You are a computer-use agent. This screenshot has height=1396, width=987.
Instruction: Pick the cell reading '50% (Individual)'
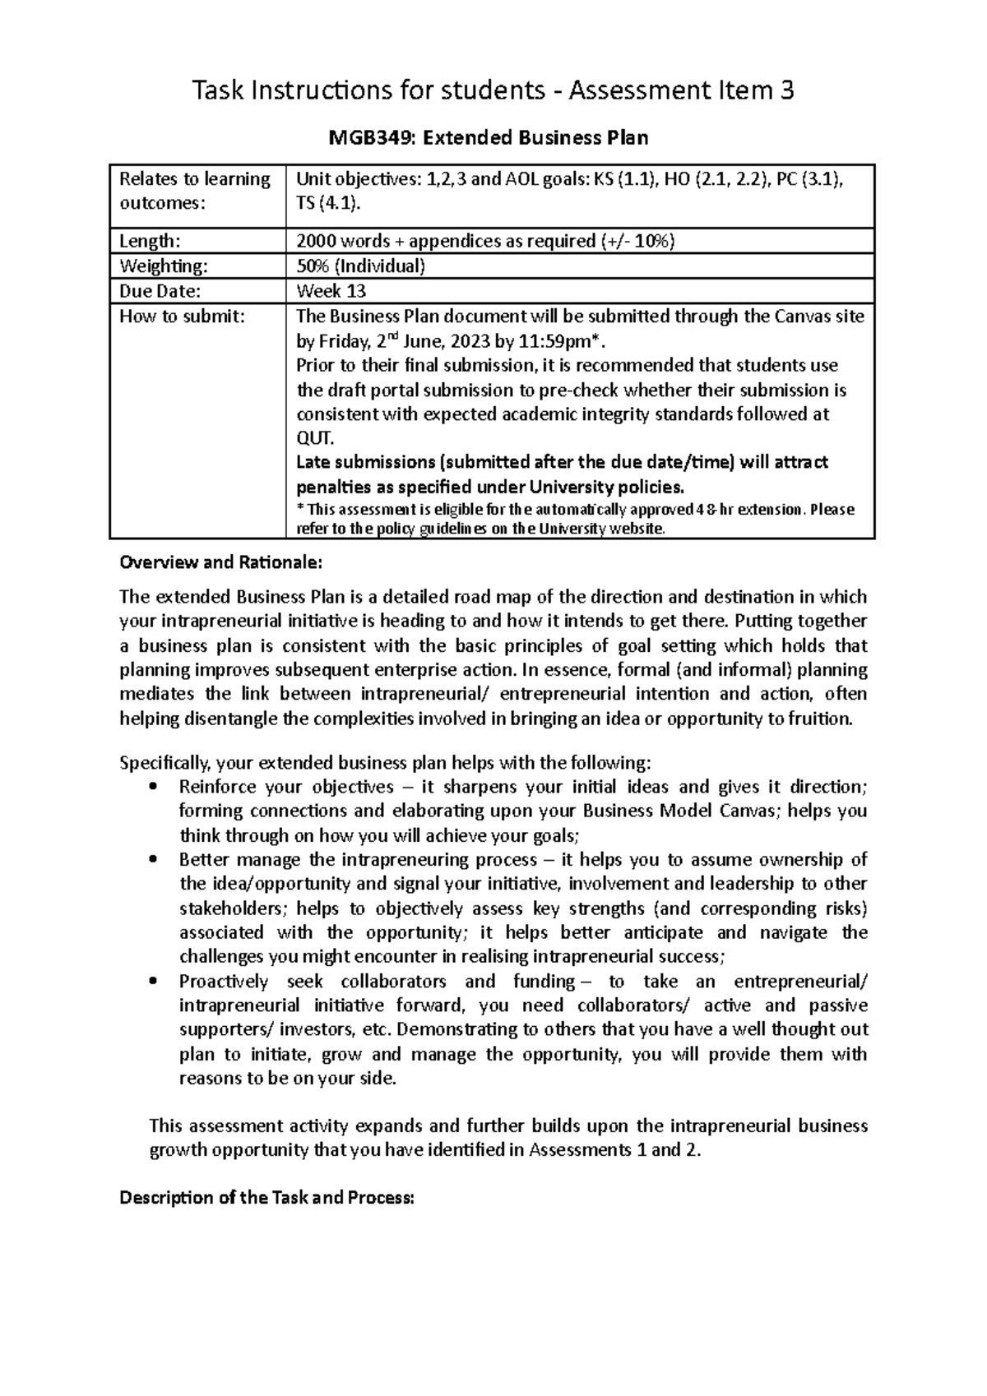coord(360,266)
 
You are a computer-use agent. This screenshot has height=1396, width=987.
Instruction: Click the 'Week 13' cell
coord(331,291)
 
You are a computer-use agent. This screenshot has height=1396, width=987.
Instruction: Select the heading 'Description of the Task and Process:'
coord(267,1198)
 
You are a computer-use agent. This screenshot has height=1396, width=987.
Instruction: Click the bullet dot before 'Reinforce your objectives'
coord(153,787)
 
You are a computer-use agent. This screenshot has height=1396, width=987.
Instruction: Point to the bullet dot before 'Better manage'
coord(153,860)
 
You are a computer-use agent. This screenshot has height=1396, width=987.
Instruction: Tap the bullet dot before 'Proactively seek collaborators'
coord(153,982)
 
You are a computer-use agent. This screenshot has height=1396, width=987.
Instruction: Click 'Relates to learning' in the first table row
coord(195,179)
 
